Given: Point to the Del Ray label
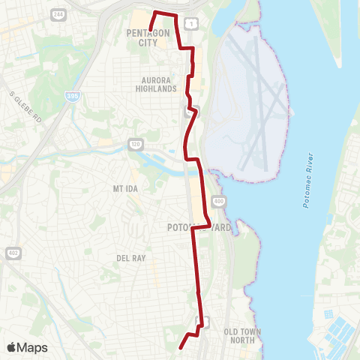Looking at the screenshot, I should tap(130, 257).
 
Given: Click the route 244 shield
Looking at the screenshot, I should tap(58, 14).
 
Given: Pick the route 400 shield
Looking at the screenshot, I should tap(218, 201).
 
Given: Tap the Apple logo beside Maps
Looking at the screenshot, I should tap(12, 347).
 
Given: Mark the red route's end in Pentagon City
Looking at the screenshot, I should tap(151, 30).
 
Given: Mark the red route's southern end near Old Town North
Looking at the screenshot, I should tap(181, 348).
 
